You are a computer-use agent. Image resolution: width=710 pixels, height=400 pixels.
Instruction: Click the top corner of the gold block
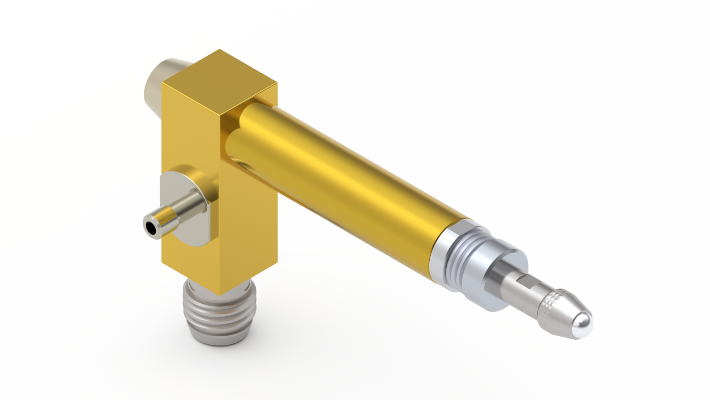[219, 50]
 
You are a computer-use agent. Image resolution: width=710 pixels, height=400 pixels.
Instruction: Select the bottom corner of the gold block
[220, 295]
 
